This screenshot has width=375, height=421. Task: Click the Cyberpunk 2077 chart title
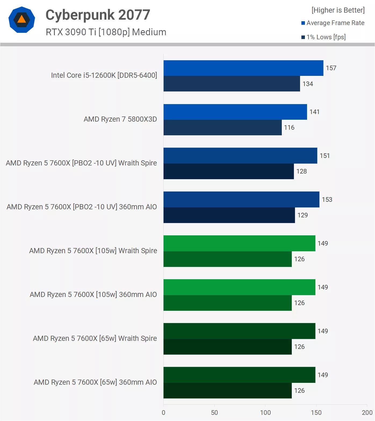[98, 15]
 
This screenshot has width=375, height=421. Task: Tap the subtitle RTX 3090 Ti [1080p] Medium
[106, 32]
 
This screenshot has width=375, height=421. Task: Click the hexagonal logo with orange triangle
[22, 20]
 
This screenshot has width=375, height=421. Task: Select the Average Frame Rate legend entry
[335, 23]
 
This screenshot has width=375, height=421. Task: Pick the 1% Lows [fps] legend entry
[326, 37]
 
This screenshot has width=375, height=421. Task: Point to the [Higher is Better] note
[338, 10]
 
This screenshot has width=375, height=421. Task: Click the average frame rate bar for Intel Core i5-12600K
[243, 68]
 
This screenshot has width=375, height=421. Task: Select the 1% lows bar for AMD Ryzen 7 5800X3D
[222, 128]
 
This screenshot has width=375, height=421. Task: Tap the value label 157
[331, 68]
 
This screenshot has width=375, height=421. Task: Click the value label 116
[289, 128]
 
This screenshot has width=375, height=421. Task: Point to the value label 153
[327, 200]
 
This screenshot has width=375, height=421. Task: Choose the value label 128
[301, 171]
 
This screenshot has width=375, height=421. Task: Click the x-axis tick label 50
[214, 413]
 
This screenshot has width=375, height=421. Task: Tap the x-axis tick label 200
[367, 413]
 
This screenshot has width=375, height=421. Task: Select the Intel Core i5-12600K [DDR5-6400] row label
[104, 75]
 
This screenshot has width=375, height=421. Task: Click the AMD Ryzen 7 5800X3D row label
[120, 119]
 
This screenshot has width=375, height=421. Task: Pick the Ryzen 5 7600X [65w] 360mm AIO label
[95, 382]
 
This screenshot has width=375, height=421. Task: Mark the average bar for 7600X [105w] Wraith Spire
[239, 243]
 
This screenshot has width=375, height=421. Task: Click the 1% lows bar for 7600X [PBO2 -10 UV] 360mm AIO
[229, 215]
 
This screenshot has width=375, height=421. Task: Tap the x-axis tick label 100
[265, 413]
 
